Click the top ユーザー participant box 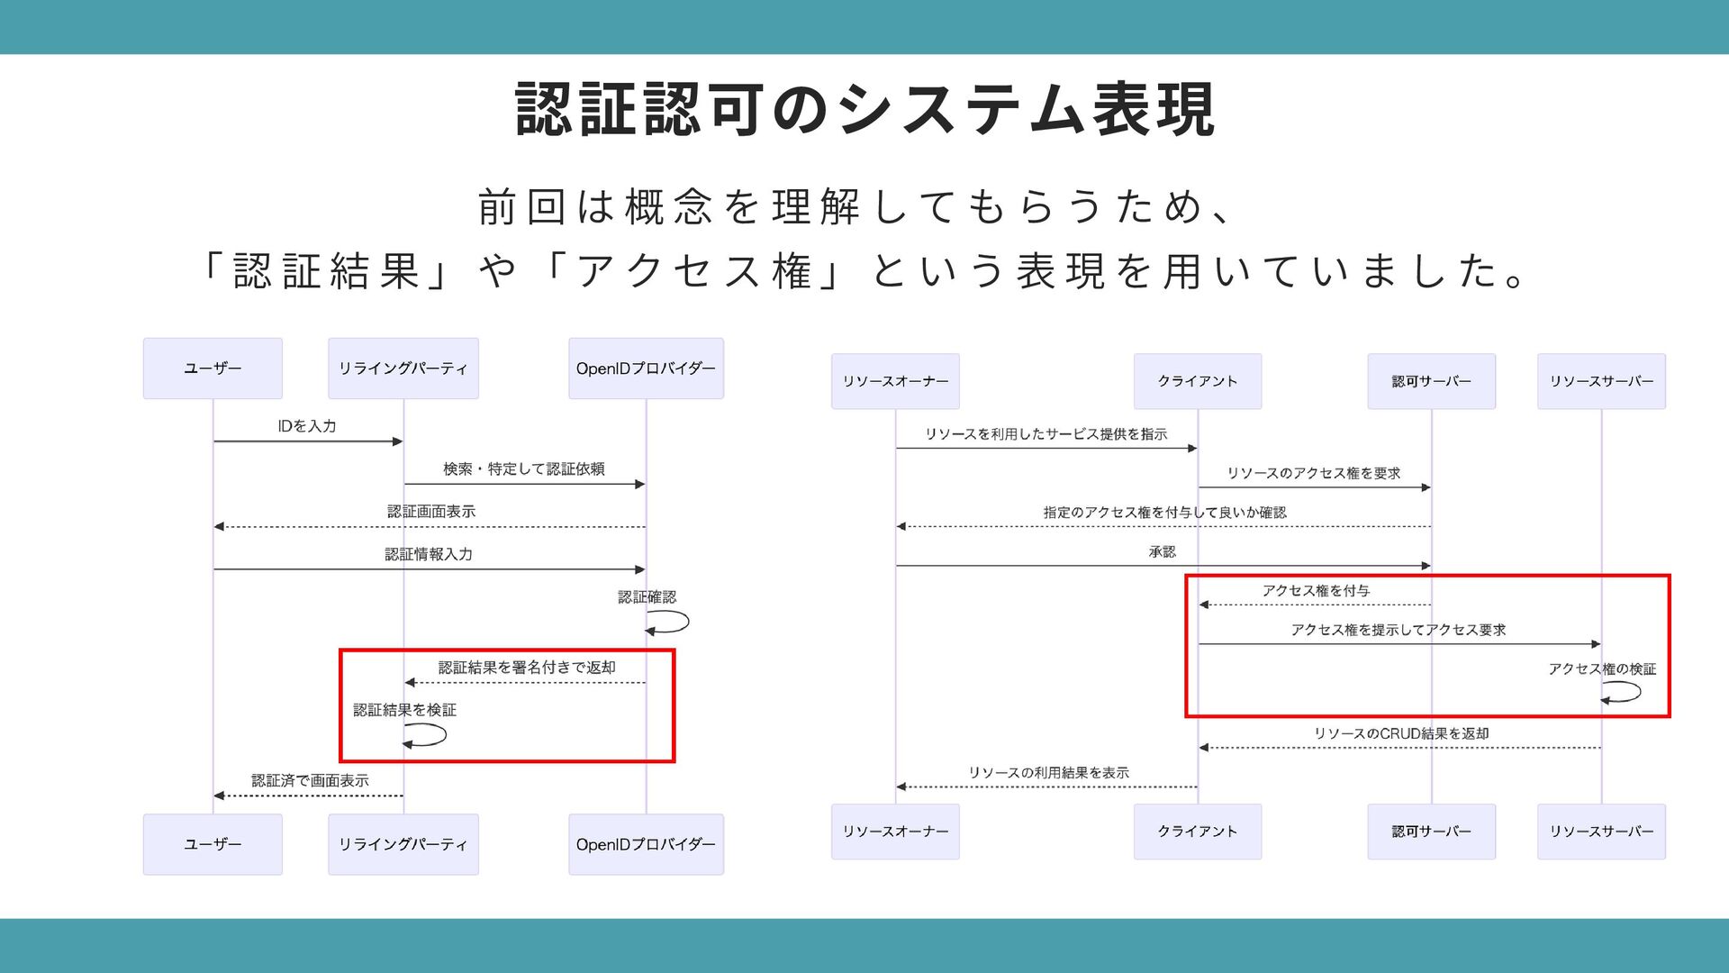click(213, 368)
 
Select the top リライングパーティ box click(403, 368)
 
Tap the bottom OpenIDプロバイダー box click(646, 844)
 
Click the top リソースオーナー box click(895, 381)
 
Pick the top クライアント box click(1197, 381)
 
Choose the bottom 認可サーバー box click(1431, 832)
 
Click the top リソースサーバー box click(1601, 381)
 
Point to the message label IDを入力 click(307, 426)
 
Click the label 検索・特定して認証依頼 click(523, 468)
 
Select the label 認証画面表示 click(430, 512)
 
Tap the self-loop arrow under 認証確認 click(671, 622)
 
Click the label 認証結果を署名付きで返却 click(527, 668)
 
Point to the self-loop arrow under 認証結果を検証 click(428, 735)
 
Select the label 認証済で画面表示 click(310, 780)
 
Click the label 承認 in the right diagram click(1162, 551)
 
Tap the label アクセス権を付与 click(1316, 591)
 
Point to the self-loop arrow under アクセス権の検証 click(1623, 692)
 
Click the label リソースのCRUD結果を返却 click(1401, 733)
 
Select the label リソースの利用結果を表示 click(1048, 773)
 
